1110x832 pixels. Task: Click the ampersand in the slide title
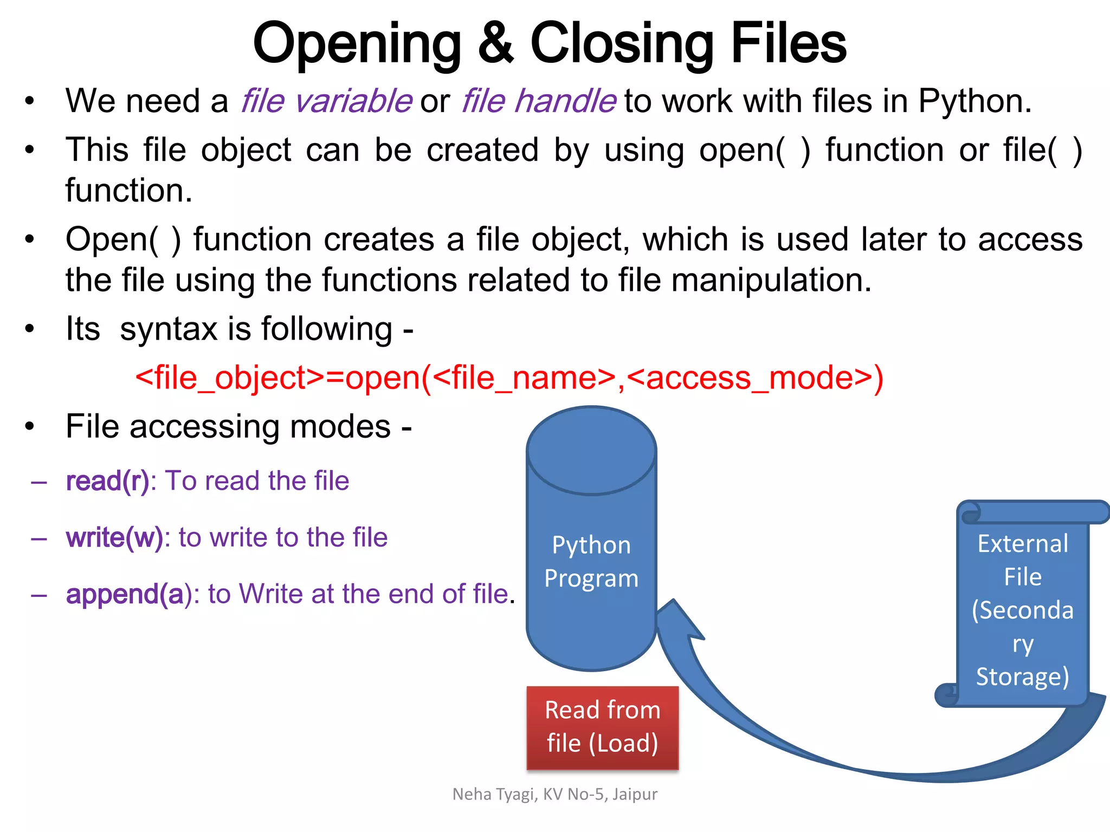pos(495,43)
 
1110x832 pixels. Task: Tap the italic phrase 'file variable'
pos(326,101)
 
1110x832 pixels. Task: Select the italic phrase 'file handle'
pos(539,101)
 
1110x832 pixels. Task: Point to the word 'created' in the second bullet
pos(482,150)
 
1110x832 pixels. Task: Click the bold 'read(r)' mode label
pos(107,481)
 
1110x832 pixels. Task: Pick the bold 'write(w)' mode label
pos(114,538)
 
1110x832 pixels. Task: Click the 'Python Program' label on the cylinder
pos(591,562)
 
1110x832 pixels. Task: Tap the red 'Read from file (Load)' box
pos(602,727)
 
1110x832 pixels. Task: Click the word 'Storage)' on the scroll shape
pos(1022,677)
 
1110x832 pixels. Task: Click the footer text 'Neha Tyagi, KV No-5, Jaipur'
pos(554,794)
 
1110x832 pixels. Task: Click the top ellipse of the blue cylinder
pos(591,451)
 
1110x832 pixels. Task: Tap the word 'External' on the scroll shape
pos(1023,544)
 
